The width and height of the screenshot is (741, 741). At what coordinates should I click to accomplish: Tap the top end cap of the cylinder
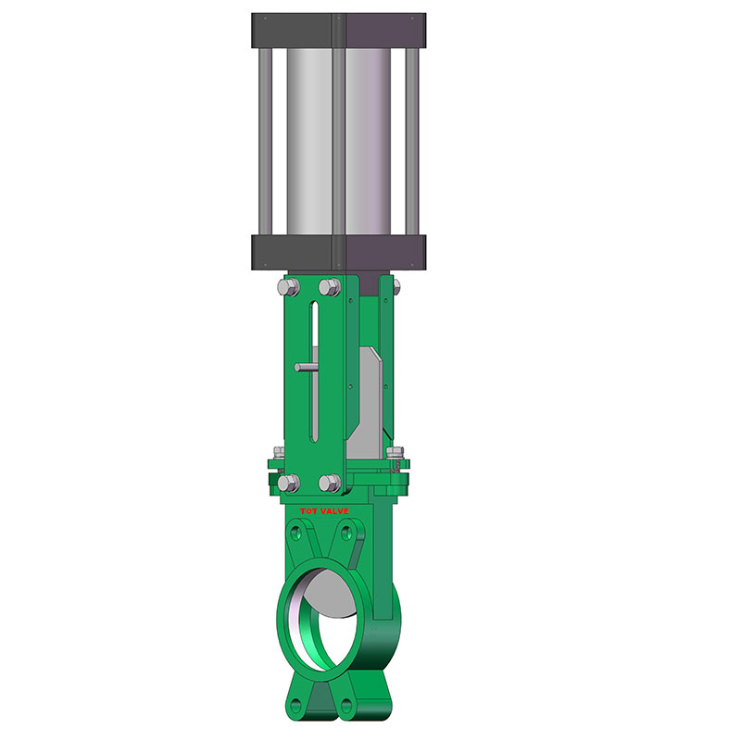(x=338, y=30)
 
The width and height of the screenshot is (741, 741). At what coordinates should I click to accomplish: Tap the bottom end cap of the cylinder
(x=338, y=251)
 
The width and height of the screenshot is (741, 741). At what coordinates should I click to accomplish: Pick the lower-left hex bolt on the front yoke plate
(x=287, y=482)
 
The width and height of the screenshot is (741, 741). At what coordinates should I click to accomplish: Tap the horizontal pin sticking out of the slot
(x=305, y=368)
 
